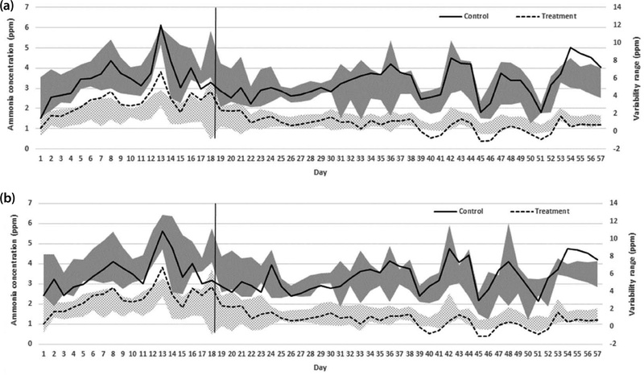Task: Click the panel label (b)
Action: [9, 198]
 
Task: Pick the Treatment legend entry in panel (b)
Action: [547, 211]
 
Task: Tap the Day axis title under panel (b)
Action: [320, 367]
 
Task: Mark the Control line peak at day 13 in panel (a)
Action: [161, 26]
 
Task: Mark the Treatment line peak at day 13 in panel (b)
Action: [161, 268]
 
